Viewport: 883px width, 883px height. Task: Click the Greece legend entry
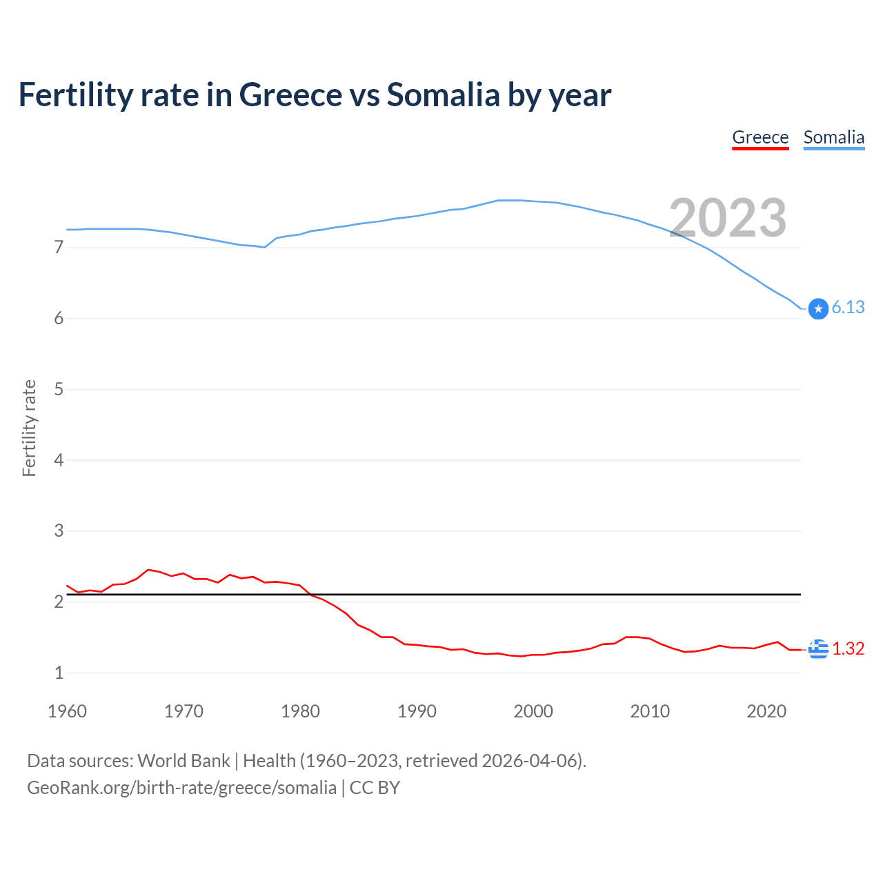[x=760, y=137]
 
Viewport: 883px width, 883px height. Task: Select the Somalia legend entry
[x=833, y=137]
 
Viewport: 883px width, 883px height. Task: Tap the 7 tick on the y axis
[x=59, y=247]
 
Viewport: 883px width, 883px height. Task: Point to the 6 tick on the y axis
[x=59, y=318]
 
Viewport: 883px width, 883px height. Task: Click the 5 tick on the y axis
[x=59, y=389]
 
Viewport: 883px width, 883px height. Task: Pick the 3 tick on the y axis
[x=59, y=530]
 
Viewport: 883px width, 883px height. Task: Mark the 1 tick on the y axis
[x=59, y=673]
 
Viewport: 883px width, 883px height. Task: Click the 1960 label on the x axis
[x=67, y=711]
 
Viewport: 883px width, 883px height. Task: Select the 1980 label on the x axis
[x=300, y=711]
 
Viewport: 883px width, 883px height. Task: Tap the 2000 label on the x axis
[x=533, y=711]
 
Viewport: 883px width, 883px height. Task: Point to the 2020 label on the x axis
[x=766, y=711]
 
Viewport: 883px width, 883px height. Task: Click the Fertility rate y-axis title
[x=29, y=428]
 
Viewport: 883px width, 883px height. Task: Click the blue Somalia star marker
[x=818, y=309]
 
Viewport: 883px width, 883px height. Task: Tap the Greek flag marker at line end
[x=818, y=649]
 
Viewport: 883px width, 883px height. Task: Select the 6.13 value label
[x=848, y=308]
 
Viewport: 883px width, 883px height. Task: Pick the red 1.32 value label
[x=848, y=649]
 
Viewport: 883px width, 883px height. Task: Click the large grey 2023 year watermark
[x=728, y=218]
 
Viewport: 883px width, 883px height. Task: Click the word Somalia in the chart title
[x=443, y=95]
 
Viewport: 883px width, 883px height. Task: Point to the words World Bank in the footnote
[x=183, y=761]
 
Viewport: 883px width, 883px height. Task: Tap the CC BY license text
[x=375, y=788]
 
